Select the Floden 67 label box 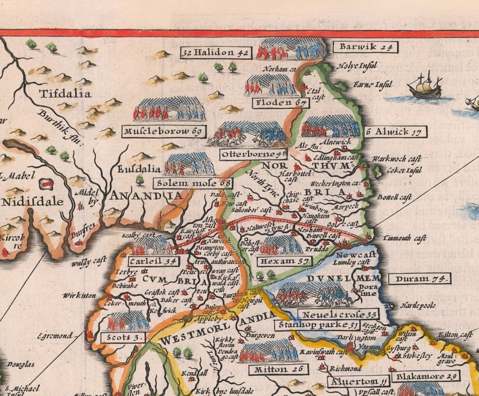point(281,103)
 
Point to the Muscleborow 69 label point(163,131)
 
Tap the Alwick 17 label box point(395,132)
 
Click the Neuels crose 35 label point(338,314)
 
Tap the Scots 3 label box point(125,337)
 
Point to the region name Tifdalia point(65,94)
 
